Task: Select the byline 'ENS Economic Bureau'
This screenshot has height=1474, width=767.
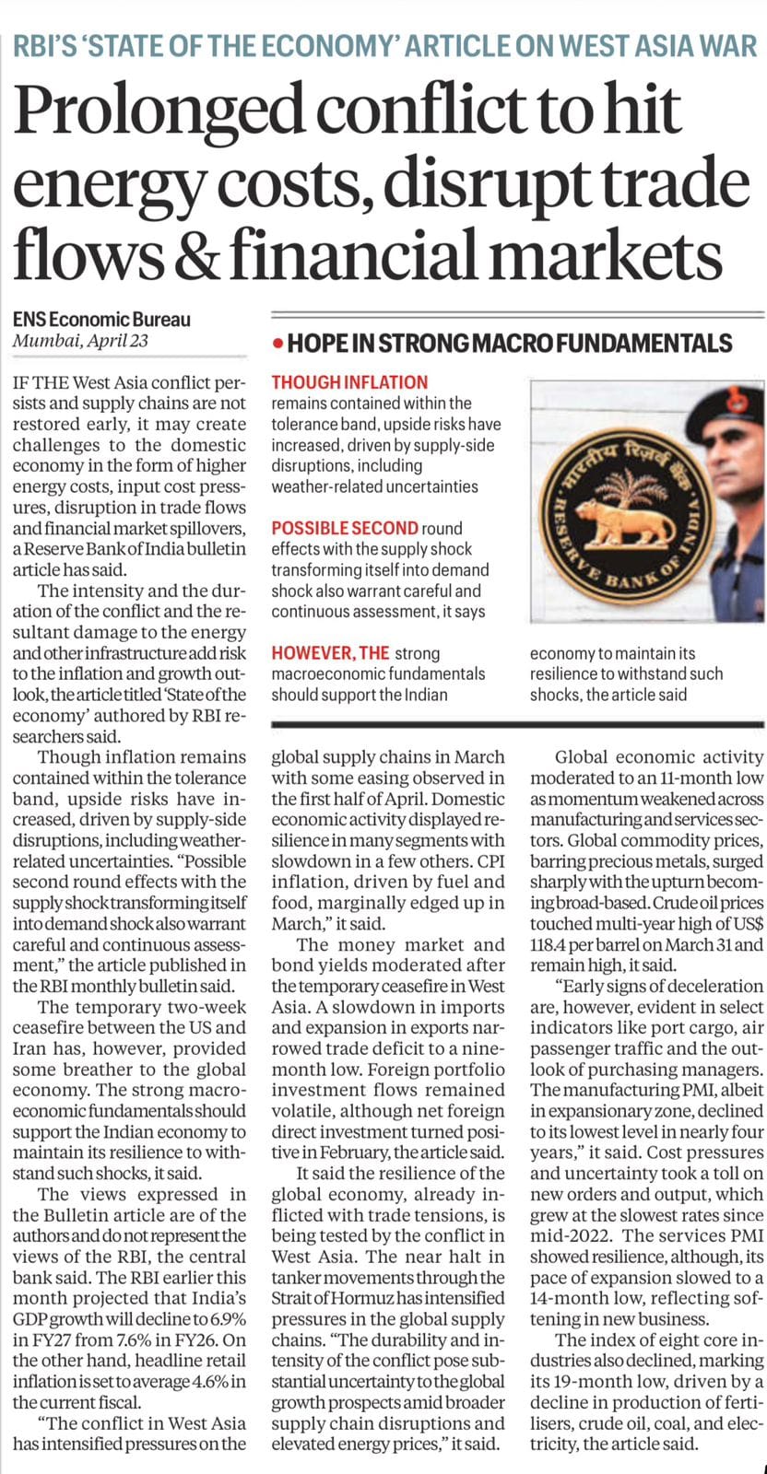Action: (101, 320)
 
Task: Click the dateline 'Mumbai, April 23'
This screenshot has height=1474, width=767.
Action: (81, 341)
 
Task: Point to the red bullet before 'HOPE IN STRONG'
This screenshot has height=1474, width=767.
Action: (277, 345)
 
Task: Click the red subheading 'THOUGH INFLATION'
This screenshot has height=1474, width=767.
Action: (349, 381)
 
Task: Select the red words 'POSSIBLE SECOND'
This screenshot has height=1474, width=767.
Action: (345, 528)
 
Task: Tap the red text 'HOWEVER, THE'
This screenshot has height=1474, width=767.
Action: (330, 653)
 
